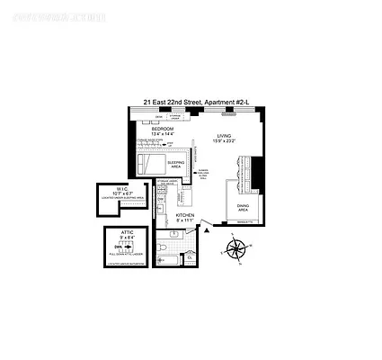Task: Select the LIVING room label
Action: pyautogui.click(x=219, y=137)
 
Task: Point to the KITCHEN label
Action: pyautogui.click(x=184, y=215)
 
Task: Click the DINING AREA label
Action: pyautogui.click(x=242, y=207)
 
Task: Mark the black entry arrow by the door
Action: pyautogui.click(x=207, y=230)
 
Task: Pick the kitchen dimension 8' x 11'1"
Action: pyautogui.click(x=184, y=220)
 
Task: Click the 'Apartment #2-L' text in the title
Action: pyautogui.click(x=230, y=103)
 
